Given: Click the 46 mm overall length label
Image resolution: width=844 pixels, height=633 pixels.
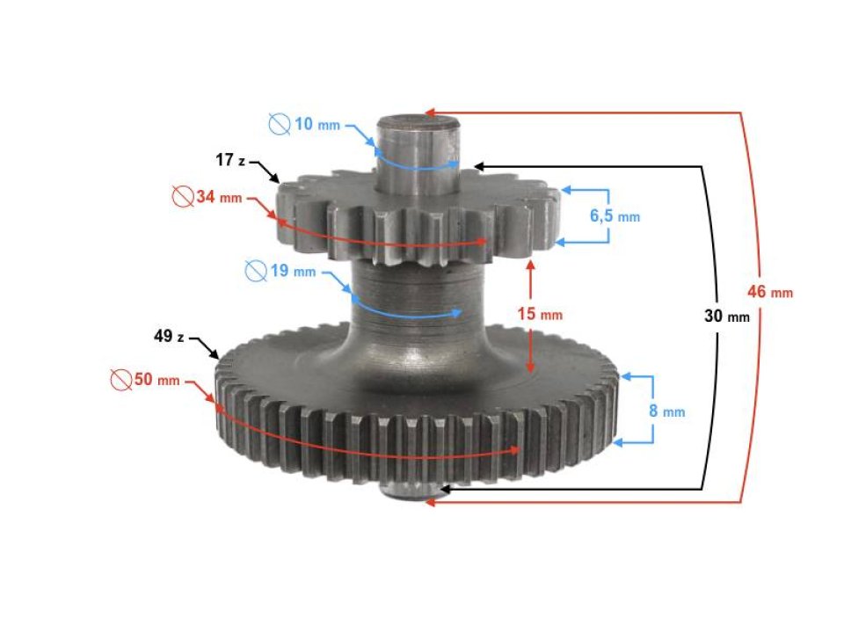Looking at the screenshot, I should coord(770,292).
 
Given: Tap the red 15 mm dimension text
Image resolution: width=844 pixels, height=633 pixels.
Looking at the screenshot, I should coord(539,314).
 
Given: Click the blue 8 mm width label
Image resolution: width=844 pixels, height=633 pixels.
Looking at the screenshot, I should coord(666,411).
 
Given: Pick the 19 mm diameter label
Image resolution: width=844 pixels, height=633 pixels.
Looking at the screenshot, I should coord(292,271).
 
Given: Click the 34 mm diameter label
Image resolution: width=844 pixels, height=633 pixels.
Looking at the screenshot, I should coord(218,198).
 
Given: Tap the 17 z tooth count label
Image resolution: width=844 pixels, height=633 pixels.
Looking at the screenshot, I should coord(232,161).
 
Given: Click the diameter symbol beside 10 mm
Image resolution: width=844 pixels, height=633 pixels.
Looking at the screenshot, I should coord(280,125).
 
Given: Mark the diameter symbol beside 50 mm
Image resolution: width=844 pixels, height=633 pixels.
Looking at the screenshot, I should coord(120,380).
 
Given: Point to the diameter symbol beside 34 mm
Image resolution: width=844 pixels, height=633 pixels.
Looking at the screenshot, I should coord(182,198).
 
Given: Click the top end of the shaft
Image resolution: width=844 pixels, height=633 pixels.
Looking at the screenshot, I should coord(419,123).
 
